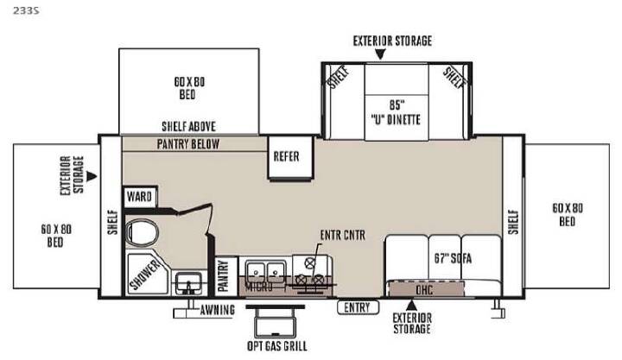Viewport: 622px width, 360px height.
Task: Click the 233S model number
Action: pos(26,10)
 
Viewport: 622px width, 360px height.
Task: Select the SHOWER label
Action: pos(144,274)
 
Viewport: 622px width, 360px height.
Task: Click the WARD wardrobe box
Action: pos(139,197)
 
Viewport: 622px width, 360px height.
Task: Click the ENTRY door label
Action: pos(358,307)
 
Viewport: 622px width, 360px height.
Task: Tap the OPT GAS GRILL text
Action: pos(277,346)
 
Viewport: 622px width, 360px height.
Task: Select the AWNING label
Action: pos(218,310)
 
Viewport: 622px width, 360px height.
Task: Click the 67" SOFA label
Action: pos(453,258)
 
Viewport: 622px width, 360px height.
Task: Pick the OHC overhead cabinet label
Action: pos(424,290)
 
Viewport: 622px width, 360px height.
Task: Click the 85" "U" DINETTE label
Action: pos(396,112)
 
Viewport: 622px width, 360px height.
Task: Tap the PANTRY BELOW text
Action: pos(188,144)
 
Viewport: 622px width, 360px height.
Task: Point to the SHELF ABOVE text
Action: pos(189,127)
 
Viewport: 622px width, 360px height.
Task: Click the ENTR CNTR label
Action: pos(343,236)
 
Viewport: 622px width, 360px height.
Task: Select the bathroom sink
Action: pos(189,283)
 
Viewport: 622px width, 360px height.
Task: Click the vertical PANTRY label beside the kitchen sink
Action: pos(224,275)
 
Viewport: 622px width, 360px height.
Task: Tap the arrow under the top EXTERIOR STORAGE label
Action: pos(380,54)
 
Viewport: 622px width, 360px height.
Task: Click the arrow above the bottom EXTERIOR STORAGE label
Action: pos(411,306)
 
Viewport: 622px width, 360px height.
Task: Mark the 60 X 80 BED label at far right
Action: pos(568,214)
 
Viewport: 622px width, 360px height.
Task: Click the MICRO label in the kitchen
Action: pos(258,287)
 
